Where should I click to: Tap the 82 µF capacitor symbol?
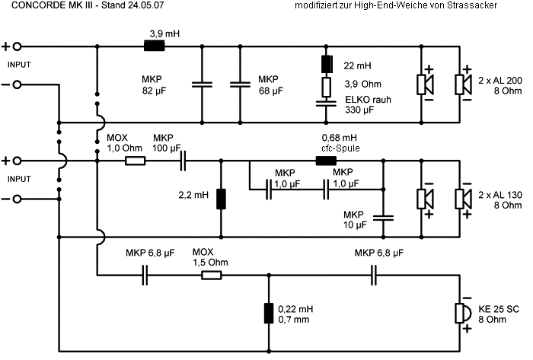[203, 84]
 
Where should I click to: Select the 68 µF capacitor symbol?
[241, 84]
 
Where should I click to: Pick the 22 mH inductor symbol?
[327, 64]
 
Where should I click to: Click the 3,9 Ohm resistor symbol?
[327, 86]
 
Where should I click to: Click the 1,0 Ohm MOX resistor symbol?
[136, 161]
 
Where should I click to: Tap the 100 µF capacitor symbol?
[183, 161]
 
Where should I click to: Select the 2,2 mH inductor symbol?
[221, 199]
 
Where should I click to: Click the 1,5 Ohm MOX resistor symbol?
[212, 275]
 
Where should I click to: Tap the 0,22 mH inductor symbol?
[269, 313]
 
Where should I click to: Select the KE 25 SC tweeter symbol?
[460, 313]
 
